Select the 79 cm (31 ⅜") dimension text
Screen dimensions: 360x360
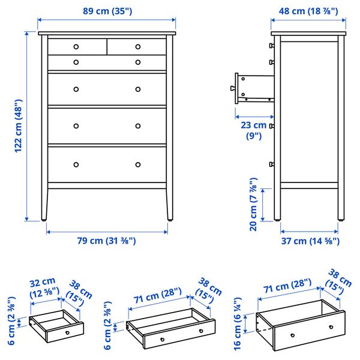(x=107, y=241)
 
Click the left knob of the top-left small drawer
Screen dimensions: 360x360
(x=76, y=47)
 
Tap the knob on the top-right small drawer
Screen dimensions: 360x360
(x=137, y=47)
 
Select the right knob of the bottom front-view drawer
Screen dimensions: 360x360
(x=137, y=164)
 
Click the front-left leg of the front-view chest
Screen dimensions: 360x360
(x=44, y=204)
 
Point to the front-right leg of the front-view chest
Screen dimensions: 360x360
(x=169, y=204)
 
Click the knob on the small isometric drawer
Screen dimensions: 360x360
(x=67, y=332)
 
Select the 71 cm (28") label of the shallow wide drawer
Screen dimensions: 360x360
(x=158, y=292)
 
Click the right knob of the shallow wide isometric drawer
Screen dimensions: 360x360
(x=200, y=331)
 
